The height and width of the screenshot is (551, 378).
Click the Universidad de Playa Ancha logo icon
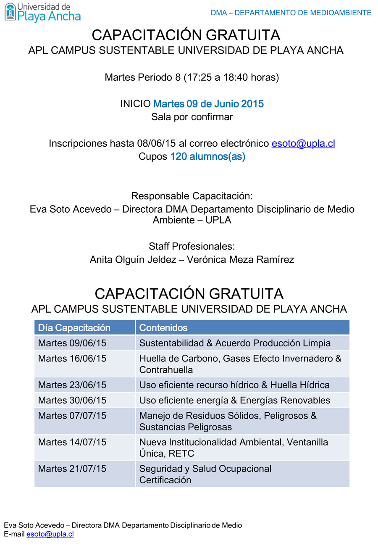tap(10, 12)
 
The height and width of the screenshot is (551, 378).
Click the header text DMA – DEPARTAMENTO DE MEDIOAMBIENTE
tap(291, 13)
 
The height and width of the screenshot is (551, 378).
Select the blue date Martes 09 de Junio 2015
tap(208, 104)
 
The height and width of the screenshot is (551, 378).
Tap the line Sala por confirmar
tap(192, 117)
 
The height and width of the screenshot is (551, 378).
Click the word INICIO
tap(135, 104)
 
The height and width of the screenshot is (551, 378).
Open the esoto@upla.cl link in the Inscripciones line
tap(303, 143)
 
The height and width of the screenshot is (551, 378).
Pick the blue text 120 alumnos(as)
tap(207, 157)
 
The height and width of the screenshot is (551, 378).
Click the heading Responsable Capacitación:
tap(192, 196)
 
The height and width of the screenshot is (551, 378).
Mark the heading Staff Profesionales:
tap(192, 246)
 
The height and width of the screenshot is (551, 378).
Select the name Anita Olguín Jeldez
tap(133, 260)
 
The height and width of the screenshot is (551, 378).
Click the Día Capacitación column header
tap(74, 328)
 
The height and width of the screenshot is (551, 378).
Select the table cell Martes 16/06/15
tap(72, 359)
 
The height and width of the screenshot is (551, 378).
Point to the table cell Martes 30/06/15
tap(72, 400)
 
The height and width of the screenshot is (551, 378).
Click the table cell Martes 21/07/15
tap(72, 469)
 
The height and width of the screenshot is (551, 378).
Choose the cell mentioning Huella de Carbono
tap(240, 364)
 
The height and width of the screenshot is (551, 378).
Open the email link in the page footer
tap(50, 534)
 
